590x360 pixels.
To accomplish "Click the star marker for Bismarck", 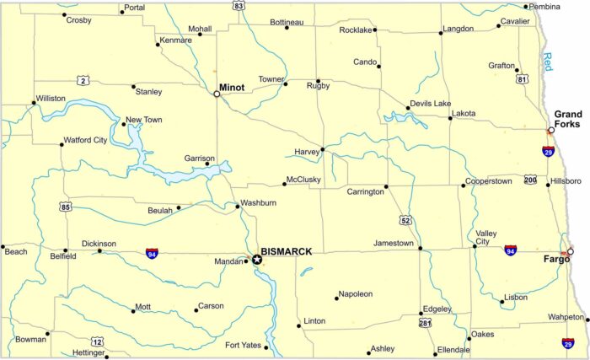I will pos(257,260).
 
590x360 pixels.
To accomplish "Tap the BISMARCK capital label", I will pos(287,251).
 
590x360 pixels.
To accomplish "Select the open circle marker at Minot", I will pos(217,94).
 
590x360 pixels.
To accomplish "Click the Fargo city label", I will pos(553,259).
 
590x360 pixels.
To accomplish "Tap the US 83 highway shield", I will pos(239,5).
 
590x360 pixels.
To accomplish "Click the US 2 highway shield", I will pos(82,80).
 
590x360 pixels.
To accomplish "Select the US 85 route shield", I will pos(66,205).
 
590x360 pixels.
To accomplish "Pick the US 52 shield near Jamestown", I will pos(406,220).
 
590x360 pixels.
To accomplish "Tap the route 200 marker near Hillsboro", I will pos(529,180).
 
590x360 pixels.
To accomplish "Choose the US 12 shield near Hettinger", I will pos(97,341).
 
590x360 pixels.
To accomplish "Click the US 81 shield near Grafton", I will pos(523,79).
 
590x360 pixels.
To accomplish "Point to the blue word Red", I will pos(547,61).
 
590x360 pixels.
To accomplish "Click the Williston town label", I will pos(51,98).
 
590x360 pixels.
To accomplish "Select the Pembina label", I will pos(544,7).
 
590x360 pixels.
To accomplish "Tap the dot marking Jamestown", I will pos(420,249).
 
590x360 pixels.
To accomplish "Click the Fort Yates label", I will pos(244,345).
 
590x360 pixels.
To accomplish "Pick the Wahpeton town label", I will pos(566,317).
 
